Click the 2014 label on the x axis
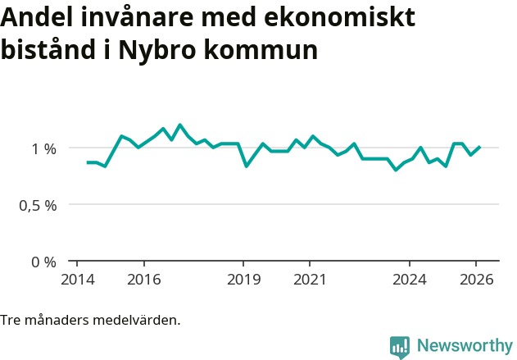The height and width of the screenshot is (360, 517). pyautogui.click(x=76, y=279)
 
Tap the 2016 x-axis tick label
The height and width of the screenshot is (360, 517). pyautogui.click(x=143, y=279)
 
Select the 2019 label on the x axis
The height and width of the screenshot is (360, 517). pyautogui.click(x=243, y=279)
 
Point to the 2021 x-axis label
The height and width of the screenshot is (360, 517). pyautogui.click(x=310, y=279)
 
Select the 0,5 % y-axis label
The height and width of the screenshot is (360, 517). pyautogui.click(x=38, y=205)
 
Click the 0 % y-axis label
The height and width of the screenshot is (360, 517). pyautogui.click(x=44, y=262)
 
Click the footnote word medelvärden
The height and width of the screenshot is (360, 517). pyautogui.click(x=139, y=320)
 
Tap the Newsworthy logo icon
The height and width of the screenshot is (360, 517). pyautogui.click(x=400, y=347)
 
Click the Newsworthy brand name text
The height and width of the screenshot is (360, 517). pyautogui.click(x=464, y=346)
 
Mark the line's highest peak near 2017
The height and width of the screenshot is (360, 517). pyautogui.click(x=180, y=125)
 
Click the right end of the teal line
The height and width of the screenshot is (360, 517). pyautogui.click(x=479, y=148)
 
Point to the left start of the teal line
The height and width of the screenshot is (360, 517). pyautogui.click(x=88, y=162)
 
